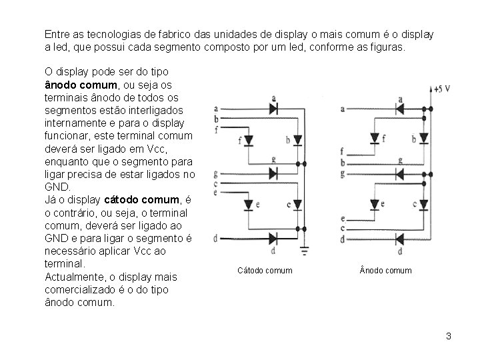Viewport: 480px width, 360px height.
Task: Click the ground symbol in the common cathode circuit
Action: click(305, 251)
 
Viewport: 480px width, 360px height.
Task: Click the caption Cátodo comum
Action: click(265, 270)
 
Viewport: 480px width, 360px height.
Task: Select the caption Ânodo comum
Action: click(385, 270)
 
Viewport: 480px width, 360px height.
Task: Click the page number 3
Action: click(449, 336)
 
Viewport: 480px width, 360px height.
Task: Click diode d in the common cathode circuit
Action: click(273, 239)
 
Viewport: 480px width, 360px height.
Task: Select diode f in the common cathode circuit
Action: click(249, 140)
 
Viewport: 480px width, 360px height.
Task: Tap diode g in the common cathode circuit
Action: click(273, 173)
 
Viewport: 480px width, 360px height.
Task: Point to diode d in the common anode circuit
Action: click(400, 239)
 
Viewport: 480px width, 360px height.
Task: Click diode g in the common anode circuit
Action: click(400, 173)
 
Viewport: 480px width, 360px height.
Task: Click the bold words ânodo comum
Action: click(74, 85)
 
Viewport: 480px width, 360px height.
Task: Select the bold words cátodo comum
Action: click(143, 199)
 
